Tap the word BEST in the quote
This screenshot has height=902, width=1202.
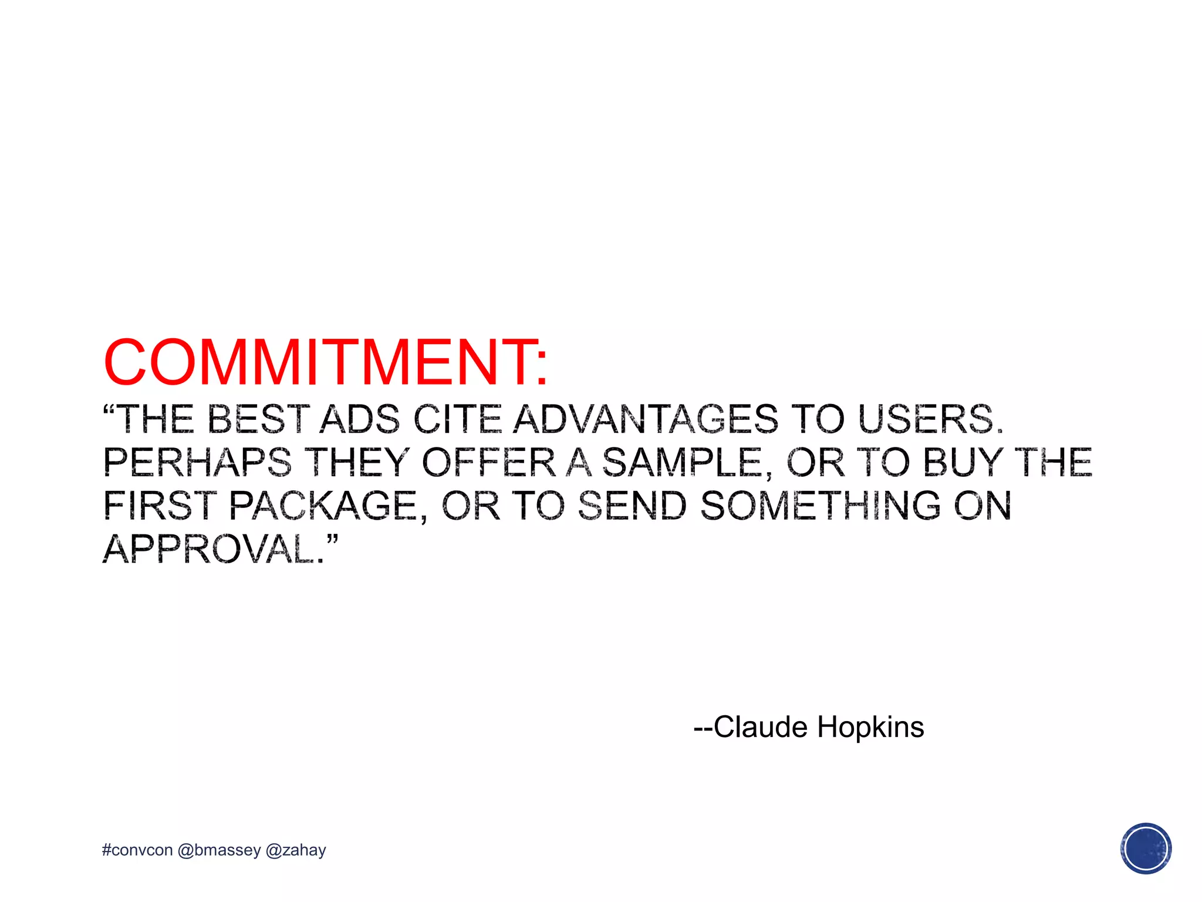pyautogui.click(x=258, y=419)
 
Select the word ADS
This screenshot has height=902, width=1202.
pyautogui.click(x=359, y=419)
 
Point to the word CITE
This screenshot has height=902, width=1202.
pyautogui.click(x=458, y=419)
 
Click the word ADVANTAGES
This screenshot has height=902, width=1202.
pyautogui.click(x=646, y=419)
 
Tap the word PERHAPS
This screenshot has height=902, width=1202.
pyautogui.click(x=197, y=462)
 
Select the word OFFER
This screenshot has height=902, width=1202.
pyautogui.click(x=489, y=462)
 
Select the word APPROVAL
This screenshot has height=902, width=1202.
pyautogui.click(x=214, y=549)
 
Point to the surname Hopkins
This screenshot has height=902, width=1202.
pyautogui.click(x=870, y=727)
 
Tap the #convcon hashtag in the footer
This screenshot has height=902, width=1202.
pyautogui.click(x=137, y=850)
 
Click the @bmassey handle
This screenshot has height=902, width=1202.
pyautogui.click(x=219, y=850)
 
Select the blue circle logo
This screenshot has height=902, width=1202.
pyautogui.click(x=1145, y=849)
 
